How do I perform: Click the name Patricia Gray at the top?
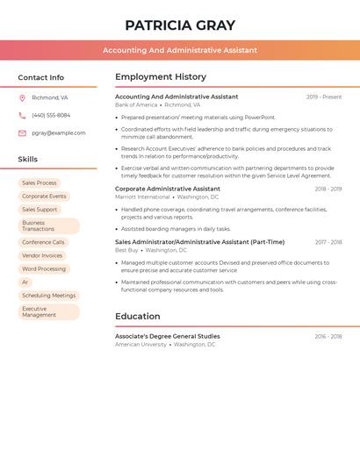point(180,25)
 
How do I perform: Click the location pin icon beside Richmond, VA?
point(22,97)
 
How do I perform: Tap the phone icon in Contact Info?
point(22,115)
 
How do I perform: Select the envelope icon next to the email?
point(22,133)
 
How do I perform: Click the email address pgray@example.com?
point(59,133)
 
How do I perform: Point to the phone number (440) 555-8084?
point(51,115)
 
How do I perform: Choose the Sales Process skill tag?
point(40,183)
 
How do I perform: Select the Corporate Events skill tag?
point(44,197)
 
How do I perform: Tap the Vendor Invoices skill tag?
point(42,255)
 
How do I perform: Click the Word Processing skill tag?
point(44,269)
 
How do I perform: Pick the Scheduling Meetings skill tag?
point(49,296)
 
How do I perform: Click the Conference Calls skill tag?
point(43,242)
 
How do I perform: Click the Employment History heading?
point(161,77)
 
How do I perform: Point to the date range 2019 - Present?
point(324,97)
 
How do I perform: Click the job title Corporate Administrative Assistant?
point(168,189)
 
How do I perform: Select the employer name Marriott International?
point(142,197)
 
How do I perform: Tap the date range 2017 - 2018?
point(328,242)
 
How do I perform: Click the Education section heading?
point(138,317)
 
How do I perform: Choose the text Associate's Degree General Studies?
point(168,336)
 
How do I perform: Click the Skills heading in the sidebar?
point(28,160)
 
